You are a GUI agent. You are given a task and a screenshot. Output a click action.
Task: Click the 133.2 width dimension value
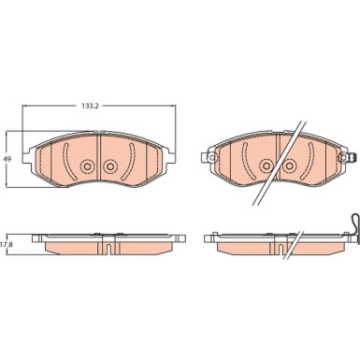click(90, 106)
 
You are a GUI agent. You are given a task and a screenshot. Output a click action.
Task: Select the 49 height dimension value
click(7, 159)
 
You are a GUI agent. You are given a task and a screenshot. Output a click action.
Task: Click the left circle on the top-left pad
click(87, 166)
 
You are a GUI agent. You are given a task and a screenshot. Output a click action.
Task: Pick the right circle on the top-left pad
click(109, 166)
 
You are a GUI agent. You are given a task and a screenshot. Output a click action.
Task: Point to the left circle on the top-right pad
click(266, 166)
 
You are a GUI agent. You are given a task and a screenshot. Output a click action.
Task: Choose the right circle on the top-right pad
click(289, 166)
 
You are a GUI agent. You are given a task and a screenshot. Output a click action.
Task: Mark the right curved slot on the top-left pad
click(131, 161)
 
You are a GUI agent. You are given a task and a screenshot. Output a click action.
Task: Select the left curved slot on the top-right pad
click(244, 161)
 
